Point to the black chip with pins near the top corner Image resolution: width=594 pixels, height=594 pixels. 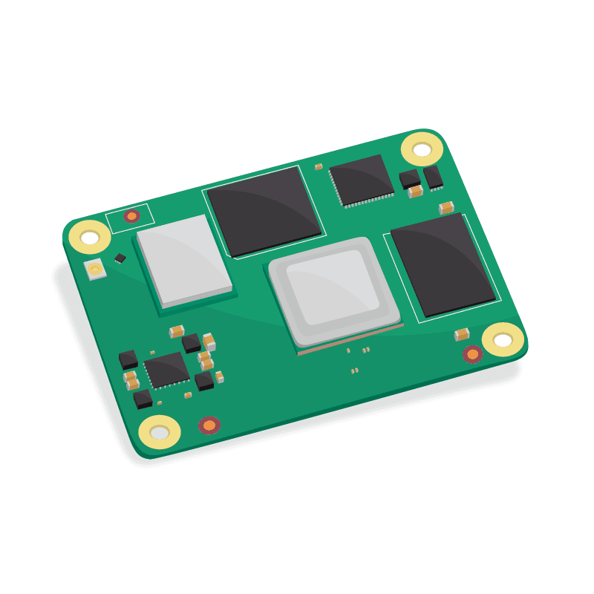362,179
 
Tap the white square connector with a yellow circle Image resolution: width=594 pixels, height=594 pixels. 95,270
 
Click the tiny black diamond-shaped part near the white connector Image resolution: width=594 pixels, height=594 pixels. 120,258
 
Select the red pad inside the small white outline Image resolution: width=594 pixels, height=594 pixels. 131,216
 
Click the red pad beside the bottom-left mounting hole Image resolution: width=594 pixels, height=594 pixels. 209,425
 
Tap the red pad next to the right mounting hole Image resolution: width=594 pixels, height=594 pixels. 472,354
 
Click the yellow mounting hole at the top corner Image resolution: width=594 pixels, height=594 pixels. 422,149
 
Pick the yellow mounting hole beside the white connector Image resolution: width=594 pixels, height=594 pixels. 90,238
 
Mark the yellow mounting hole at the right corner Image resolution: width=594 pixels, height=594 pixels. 503,340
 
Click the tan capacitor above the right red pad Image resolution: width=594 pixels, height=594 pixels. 462,335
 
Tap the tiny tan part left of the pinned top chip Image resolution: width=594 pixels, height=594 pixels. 319,167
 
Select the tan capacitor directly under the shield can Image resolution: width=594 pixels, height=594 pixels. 177,331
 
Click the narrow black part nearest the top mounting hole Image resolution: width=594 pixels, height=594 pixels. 432,176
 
